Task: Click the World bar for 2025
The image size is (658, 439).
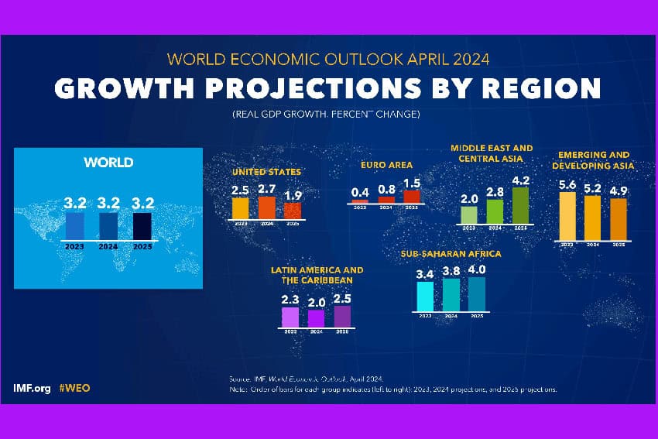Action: click(143, 226)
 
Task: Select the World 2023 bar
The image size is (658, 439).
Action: click(75, 226)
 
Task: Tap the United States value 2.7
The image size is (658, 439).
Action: click(266, 189)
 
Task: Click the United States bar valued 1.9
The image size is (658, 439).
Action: click(293, 210)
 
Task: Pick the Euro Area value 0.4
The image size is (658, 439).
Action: click(360, 191)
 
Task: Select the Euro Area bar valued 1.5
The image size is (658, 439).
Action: click(412, 196)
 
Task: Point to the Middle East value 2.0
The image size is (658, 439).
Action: click(469, 199)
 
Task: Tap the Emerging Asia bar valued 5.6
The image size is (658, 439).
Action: click(567, 216)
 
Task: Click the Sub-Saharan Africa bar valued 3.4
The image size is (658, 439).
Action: click(425, 296)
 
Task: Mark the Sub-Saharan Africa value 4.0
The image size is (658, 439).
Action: click(477, 269)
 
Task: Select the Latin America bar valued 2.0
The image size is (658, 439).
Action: click(316, 318)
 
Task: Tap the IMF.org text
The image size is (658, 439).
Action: click(31, 387)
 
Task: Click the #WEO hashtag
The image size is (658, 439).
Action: click(74, 387)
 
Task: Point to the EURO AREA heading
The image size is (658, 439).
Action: click(386, 165)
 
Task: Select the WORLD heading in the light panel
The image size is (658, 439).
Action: click(108, 163)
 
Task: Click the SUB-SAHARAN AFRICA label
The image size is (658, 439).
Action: click(451, 253)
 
